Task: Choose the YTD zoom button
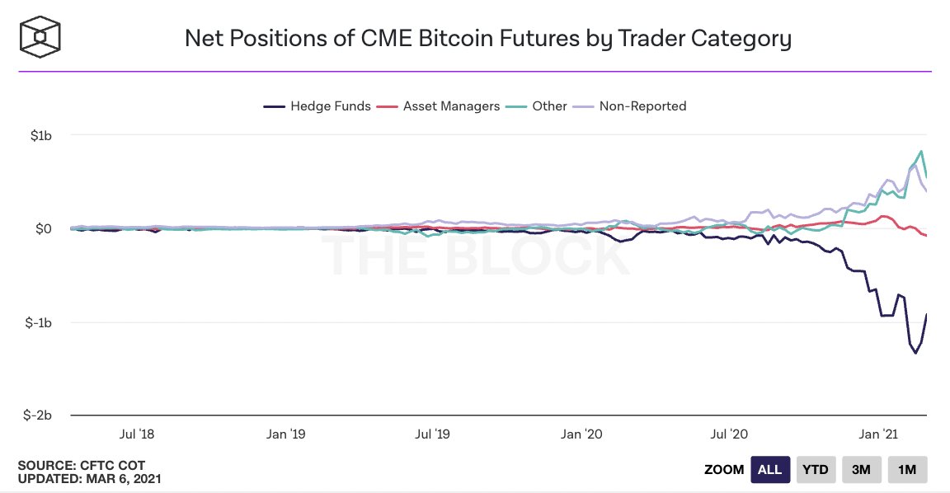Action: coord(816,469)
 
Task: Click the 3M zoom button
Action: coord(861,469)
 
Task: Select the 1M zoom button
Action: coord(907,469)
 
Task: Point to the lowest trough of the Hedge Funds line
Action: coord(915,353)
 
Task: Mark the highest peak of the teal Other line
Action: coord(920,151)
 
